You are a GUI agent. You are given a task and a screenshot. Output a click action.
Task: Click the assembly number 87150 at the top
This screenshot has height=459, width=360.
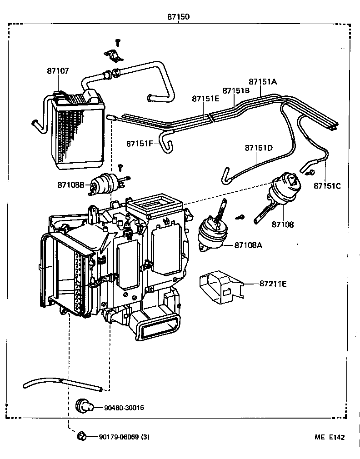pos(178,17)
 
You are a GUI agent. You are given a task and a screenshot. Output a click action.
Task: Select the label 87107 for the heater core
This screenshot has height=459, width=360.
pos(58,71)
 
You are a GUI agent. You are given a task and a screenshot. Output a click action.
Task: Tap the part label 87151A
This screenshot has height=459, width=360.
pos(262,82)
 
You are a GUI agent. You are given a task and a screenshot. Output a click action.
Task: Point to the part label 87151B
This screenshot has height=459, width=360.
pos(236,90)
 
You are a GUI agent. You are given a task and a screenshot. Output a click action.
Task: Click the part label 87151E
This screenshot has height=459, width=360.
pos(205,99)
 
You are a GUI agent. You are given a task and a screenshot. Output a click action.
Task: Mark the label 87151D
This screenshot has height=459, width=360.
pos(259,148)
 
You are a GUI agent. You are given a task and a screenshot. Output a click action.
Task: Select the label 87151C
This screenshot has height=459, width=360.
pos(327,185)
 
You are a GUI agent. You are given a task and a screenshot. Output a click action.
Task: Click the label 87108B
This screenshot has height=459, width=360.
pos(71,185)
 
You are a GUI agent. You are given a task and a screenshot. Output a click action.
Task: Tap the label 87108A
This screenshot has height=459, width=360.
pos(249,245)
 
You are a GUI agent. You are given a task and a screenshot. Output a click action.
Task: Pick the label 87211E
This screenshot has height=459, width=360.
pos(273,284)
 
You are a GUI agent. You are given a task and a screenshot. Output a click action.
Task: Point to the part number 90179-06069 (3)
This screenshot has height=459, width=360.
pos(124,437)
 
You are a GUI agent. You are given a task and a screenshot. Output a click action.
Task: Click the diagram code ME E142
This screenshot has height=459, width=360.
pos(330,437)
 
